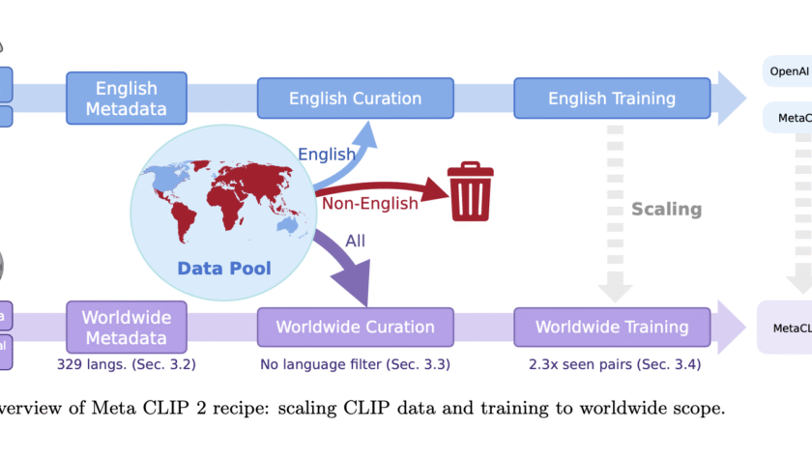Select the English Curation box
click(355, 99)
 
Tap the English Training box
click(612, 99)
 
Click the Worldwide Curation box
click(355, 328)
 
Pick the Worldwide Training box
click(612, 328)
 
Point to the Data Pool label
click(224, 268)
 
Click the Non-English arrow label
click(370, 203)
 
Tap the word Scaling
click(666, 209)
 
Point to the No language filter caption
click(355, 365)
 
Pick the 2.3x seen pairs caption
click(612, 365)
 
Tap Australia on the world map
click(287, 223)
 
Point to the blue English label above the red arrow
click(326, 155)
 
